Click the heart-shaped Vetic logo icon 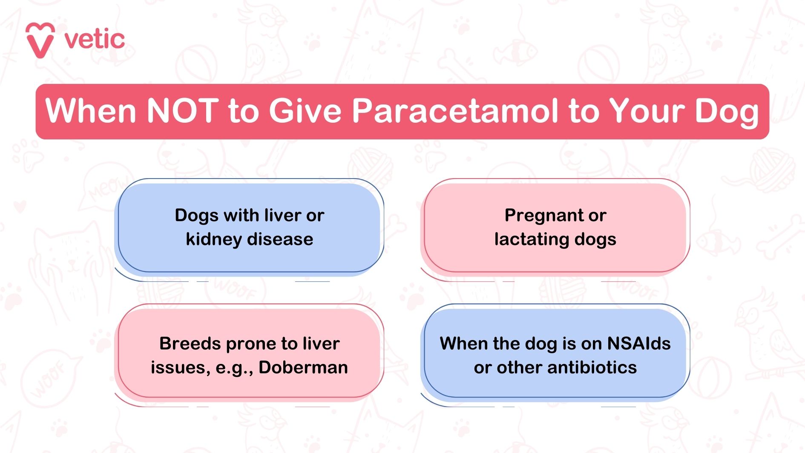(x=40, y=40)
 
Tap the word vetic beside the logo (x=95, y=40)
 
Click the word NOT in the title (x=182, y=111)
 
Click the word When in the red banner (x=90, y=111)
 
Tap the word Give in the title (x=305, y=111)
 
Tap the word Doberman (x=303, y=367)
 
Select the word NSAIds (x=639, y=343)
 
